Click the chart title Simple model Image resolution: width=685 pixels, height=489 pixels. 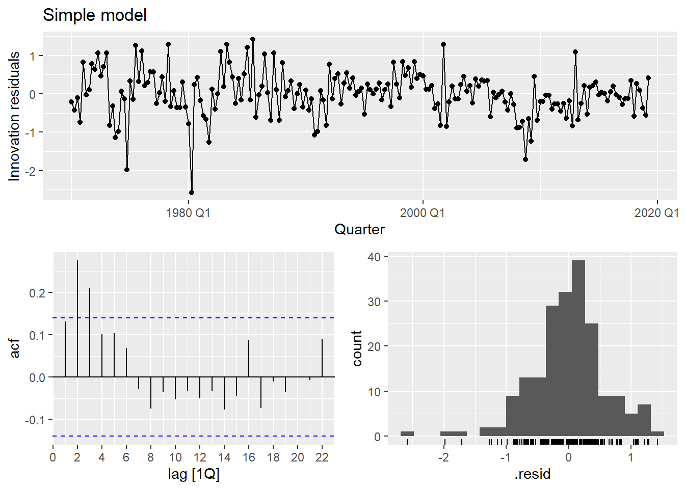95,15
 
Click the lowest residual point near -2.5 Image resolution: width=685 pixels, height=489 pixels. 192,193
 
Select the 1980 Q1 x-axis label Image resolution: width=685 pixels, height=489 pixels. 188,213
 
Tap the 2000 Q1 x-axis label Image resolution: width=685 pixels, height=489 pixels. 422,213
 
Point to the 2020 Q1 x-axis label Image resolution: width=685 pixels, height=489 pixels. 656,213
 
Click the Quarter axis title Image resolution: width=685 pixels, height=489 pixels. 359,230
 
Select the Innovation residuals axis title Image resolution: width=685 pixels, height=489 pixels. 14,116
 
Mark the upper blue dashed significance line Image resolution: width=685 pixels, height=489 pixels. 204,318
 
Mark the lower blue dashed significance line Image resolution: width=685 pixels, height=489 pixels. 204,436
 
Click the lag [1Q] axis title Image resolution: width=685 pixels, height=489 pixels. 194,474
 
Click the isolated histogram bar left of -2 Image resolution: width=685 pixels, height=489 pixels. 407,433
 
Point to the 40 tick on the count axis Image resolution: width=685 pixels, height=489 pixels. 374,257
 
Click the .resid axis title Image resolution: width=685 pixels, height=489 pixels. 533,474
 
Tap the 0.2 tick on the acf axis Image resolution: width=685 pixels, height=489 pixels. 39,293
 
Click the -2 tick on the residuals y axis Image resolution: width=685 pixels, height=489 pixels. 32,171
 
